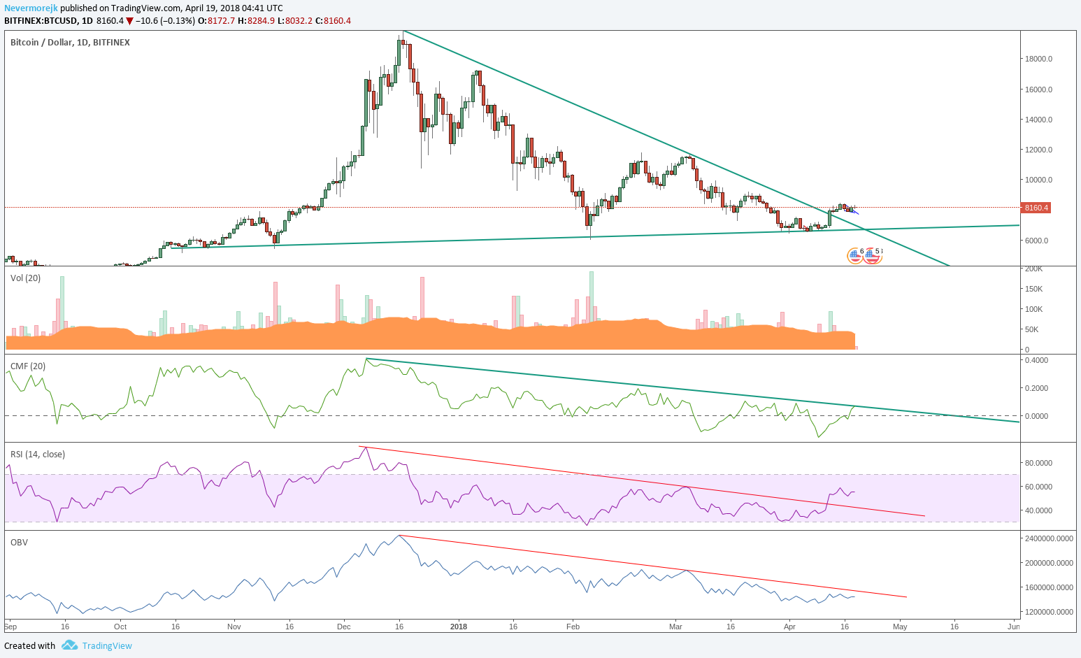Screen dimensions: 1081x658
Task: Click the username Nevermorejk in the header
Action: point(31,8)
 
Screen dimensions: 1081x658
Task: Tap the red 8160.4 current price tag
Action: point(1036,208)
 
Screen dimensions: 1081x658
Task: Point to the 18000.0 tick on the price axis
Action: point(1038,59)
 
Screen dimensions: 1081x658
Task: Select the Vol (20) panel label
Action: point(26,278)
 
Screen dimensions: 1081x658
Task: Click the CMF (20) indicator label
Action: point(28,366)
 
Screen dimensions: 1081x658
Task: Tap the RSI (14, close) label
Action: point(38,455)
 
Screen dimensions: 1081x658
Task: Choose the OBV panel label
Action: point(20,543)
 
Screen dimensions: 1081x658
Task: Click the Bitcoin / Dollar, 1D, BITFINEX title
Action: point(70,43)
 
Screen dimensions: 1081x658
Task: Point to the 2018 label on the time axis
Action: point(459,627)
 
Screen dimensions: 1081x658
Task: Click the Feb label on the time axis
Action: point(573,627)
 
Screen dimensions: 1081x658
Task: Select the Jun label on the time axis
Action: point(1014,627)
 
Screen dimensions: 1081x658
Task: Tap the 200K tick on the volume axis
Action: point(1033,269)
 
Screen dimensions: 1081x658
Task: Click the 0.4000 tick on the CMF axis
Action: point(1037,360)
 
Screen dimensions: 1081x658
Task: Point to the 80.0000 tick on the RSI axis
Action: point(1038,463)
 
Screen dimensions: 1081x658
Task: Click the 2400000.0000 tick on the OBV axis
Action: point(1049,538)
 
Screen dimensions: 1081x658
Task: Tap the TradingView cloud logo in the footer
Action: point(69,645)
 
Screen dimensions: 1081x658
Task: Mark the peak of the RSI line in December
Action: point(366,448)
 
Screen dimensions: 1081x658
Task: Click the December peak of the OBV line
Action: point(399,536)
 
